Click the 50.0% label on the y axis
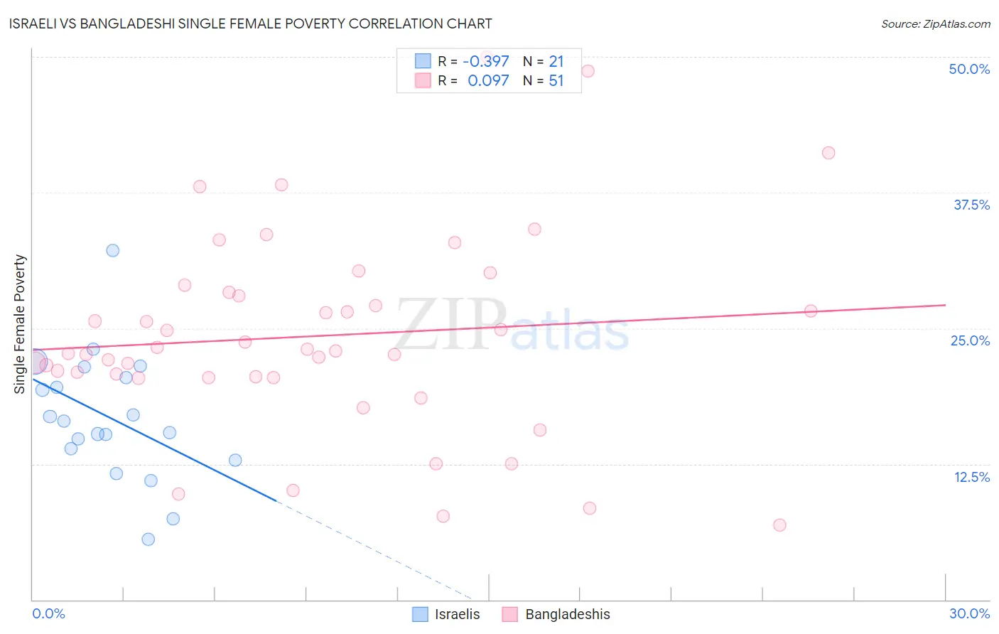coord(969,69)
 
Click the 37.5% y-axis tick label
coord(971,205)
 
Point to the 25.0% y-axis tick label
coord(970,340)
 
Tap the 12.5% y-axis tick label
coord(971,477)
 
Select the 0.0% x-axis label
coord(48,613)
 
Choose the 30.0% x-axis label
coord(969,613)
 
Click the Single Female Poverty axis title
coord(20,324)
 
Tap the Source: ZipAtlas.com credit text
coord(935,24)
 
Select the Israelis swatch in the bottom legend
coord(421,614)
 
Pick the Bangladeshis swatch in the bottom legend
coord(509,614)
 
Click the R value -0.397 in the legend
coord(486,62)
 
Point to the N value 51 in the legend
coord(556,81)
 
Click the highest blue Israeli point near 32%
coord(113,250)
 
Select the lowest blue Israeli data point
coord(148,539)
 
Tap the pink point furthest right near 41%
coord(828,153)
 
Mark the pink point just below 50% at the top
coord(588,71)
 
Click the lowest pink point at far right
coord(779,525)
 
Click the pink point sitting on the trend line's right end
coord(811,311)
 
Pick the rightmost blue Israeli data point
coord(235,460)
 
